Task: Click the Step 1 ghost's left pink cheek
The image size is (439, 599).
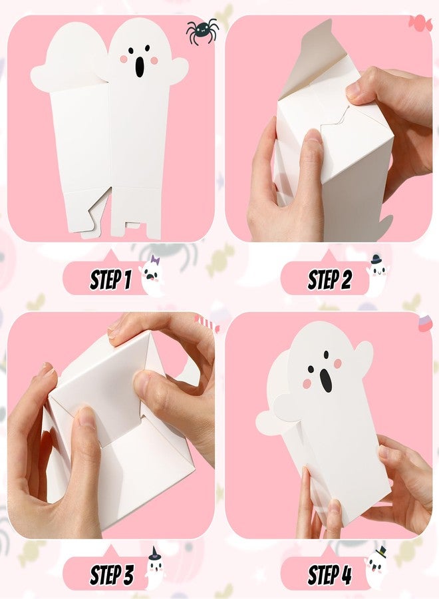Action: tap(124, 59)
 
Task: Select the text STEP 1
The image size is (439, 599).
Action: tap(110, 280)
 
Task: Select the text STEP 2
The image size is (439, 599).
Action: tap(329, 280)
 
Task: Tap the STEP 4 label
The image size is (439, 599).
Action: tap(329, 573)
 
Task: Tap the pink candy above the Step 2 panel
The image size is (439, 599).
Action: tap(420, 23)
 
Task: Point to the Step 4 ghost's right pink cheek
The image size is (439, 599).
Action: tap(337, 363)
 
